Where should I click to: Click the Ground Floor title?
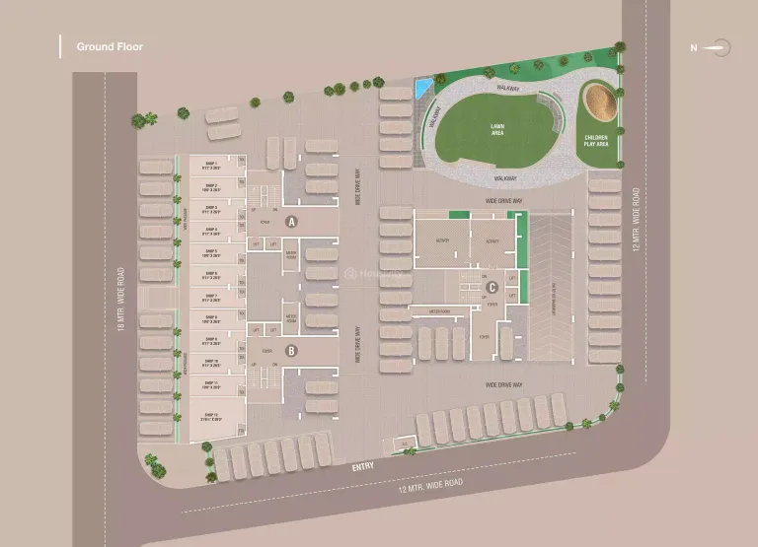[x=110, y=46]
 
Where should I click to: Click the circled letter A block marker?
[x=291, y=223]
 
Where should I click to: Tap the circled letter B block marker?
[x=291, y=350]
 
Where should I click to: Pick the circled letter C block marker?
[x=491, y=288]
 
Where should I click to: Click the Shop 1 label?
[x=210, y=165]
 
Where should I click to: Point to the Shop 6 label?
[x=210, y=276]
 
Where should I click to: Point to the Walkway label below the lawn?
[x=505, y=178]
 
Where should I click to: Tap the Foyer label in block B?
[x=266, y=350]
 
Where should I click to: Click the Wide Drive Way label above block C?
[x=503, y=200]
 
